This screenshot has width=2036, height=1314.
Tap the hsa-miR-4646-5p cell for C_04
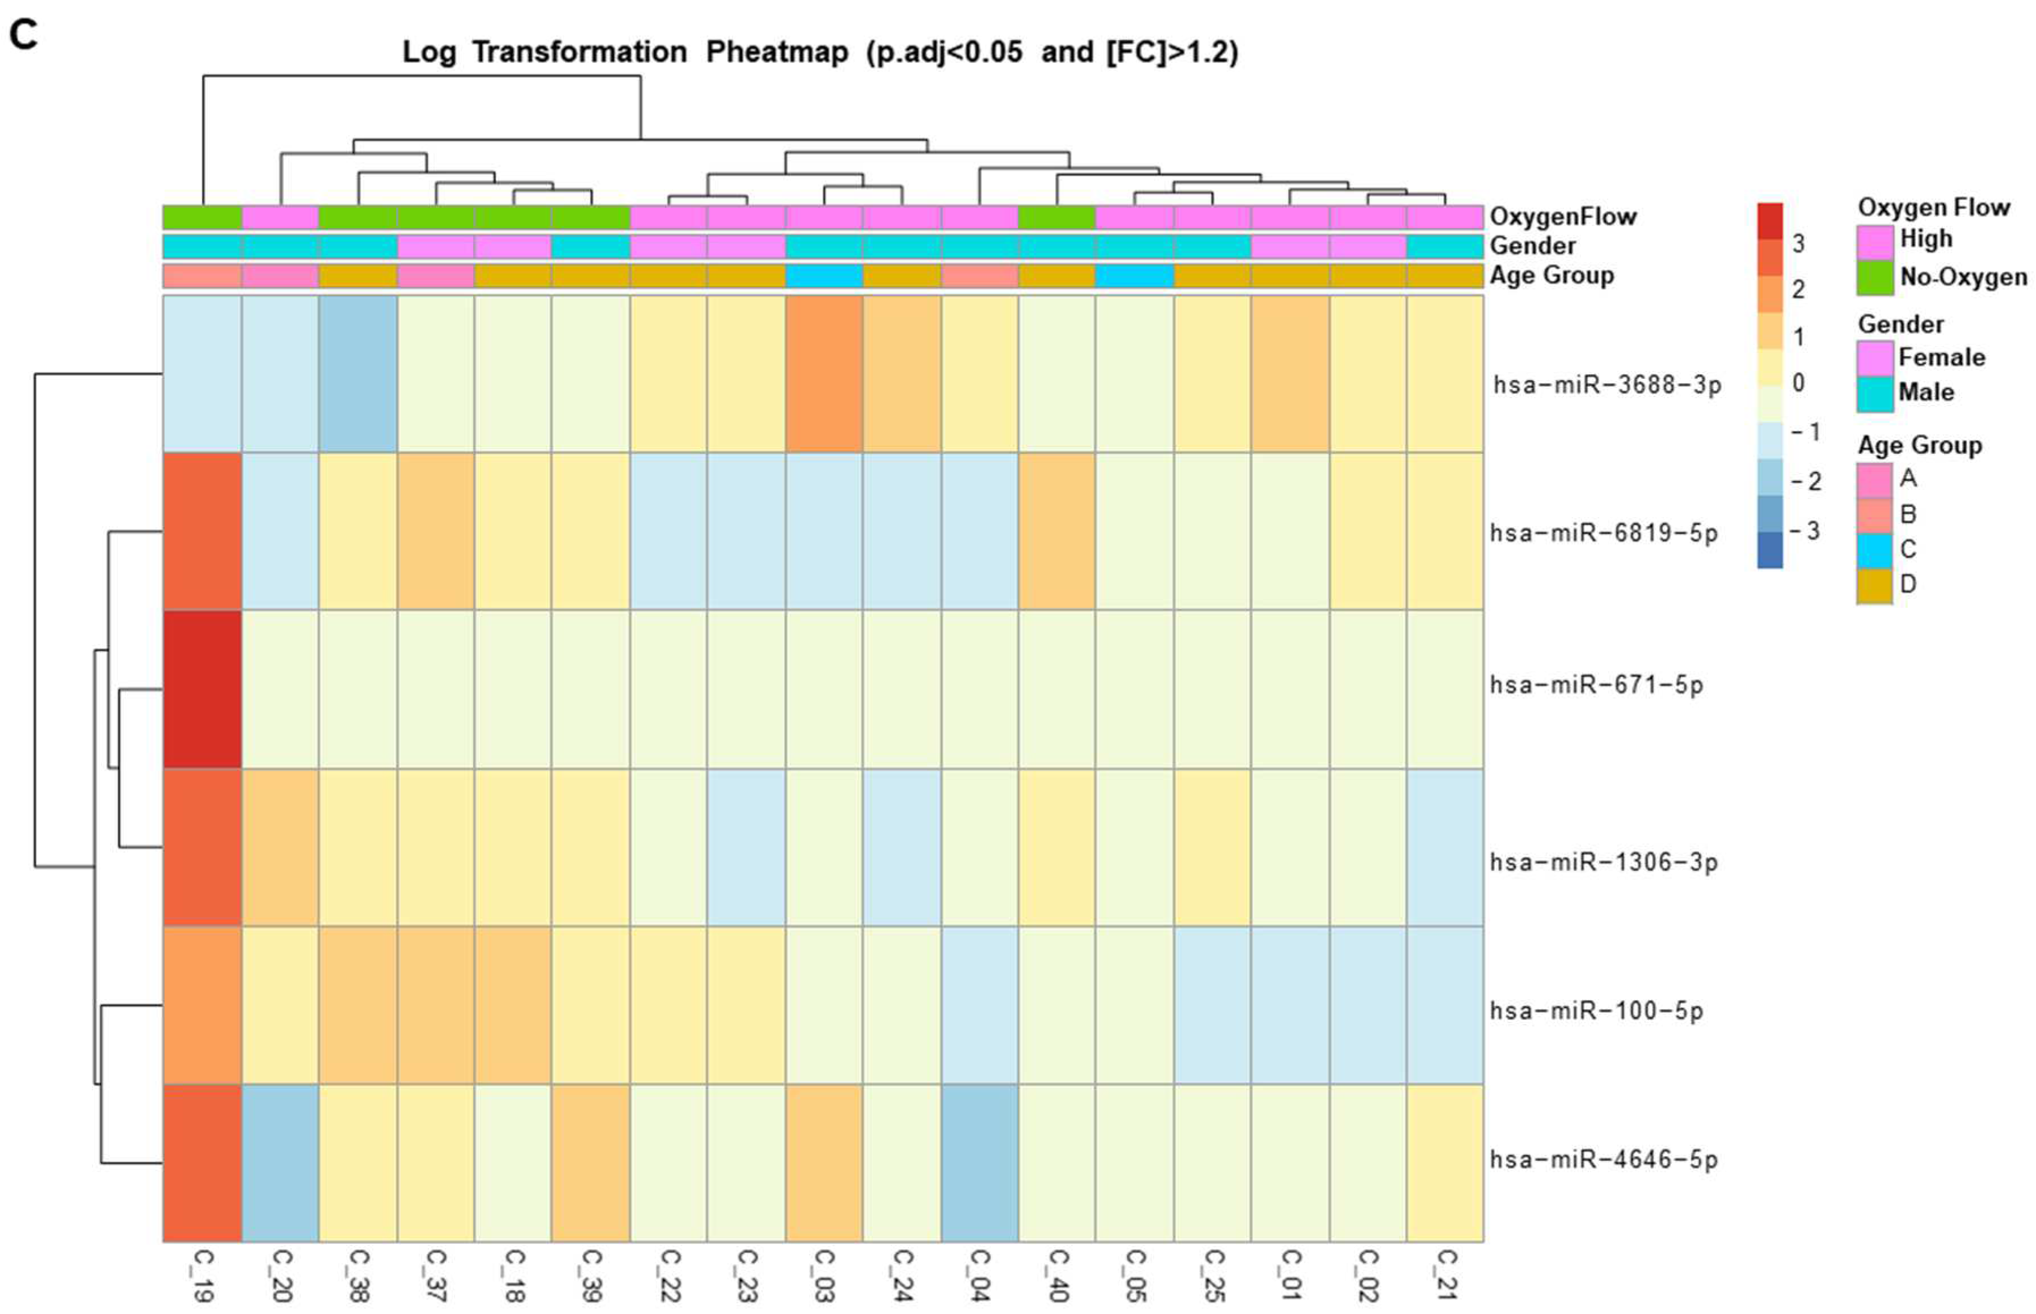coord(980,1162)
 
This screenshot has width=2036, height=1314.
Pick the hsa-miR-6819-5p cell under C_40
coord(1057,531)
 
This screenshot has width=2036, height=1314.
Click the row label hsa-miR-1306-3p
coord(1603,862)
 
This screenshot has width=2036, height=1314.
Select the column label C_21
coord(1445,1275)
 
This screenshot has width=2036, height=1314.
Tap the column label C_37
coord(435,1275)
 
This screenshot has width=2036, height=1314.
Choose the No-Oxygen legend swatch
coord(1875,277)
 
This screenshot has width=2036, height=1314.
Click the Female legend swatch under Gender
coord(1875,357)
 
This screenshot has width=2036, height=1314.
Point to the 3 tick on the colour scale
coord(1798,244)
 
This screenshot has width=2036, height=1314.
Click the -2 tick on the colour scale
coord(1805,481)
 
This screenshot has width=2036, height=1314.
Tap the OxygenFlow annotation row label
coord(1562,217)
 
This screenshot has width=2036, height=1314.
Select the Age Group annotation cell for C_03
coord(824,276)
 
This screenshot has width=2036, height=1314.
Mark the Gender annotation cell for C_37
coord(435,247)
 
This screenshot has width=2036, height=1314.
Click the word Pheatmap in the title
coord(777,52)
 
